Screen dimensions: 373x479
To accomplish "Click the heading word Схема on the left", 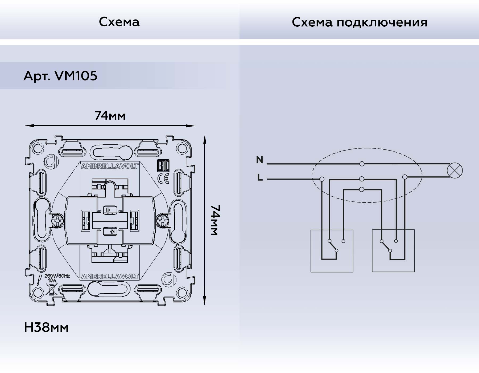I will pyautogui.click(x=119, y=22).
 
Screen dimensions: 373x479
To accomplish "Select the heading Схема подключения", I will pyautogui.click(x=359, y=22).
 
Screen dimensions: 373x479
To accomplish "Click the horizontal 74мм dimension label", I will pyautogui.click(x=110, y=116).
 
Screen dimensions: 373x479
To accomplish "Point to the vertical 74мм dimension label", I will pyautogui.click(x=215, y=220).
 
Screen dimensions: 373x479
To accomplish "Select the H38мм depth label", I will pyautogui.click(x=46, y=327).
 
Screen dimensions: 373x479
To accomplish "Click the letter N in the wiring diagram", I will pyautogui.click(x=259, y=160).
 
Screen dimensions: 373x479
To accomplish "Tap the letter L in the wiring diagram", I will pyautogui.click(x=260, y=177).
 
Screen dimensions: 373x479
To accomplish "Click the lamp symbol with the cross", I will pyautogui.click(x=455, y=171).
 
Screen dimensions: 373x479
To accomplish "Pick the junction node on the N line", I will pyautogui.click(x=362, y=164).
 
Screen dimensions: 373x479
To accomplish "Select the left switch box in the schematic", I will pyautogui.click(x=332, y=251).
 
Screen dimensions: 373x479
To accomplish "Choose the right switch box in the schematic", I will pyautogui.click(x=393, y=251).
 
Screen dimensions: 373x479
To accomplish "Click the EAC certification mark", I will pyautogui.click(x=163, y=166).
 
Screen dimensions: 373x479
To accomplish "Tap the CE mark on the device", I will pyautogui.click(x=163, y=178).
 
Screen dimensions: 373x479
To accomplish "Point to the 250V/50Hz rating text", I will pyautogui.click(x=57, y=276).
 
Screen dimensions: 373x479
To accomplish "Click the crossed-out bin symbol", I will pyautogui.click(x=51, y=289).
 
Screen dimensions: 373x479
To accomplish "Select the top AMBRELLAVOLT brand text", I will pyautogui.click(x=110, y=166).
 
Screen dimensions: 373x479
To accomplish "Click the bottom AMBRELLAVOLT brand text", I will pyautogui.click(x=110, y=276).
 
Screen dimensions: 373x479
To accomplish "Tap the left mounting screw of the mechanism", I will pyautogui.click(x=57, y=220).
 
